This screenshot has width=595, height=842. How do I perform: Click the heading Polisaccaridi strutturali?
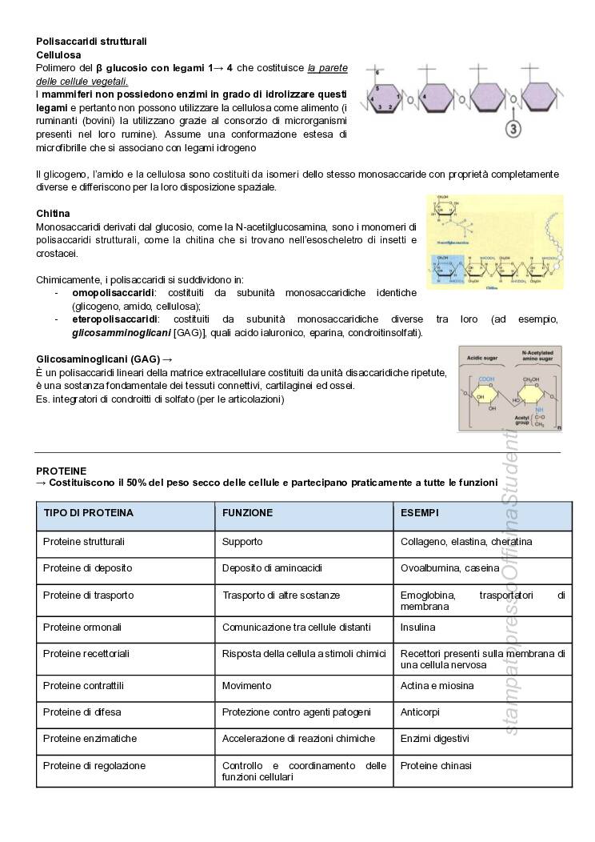pyautogui.click(x=91, y=41)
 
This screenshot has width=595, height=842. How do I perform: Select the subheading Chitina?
pyautogui.click(x=53, y=214)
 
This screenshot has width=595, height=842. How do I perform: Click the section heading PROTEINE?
pyautogui.click(x=61, y=471)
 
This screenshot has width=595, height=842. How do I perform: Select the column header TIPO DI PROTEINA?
pyautogui.click(x=88, y=512)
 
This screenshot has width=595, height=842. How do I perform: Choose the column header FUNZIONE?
pyautogui.click(x=247, y=512)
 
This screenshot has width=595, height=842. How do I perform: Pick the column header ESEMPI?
pyautogui.click(x=419, y=512)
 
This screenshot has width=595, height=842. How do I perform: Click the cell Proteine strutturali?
pyautogui.click(x=83, y=542)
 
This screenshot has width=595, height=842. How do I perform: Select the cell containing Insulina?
pyautogui.click(x=417, y=627)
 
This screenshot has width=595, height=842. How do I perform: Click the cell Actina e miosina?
pyautogui.click(x=437, y=686)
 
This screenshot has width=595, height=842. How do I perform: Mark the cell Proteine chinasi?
pyautogui.click(x=436, y=766)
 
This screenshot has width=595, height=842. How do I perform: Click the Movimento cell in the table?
pyautogui.click(x=246, y=686)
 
